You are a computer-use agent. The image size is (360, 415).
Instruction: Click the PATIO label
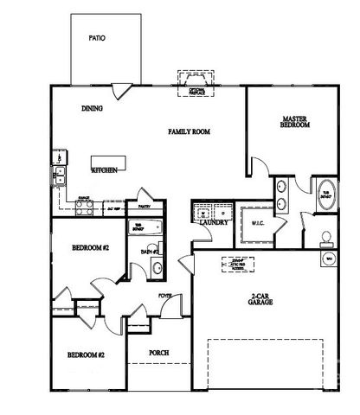(96, 39)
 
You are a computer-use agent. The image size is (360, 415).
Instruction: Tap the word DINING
(93, 109)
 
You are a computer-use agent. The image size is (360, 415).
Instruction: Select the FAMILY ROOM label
(190, 132)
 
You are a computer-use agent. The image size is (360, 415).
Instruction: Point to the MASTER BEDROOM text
(295, 122)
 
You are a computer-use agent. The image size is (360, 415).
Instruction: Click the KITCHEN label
(105, 170)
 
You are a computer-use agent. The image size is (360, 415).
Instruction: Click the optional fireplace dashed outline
(196, 84)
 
